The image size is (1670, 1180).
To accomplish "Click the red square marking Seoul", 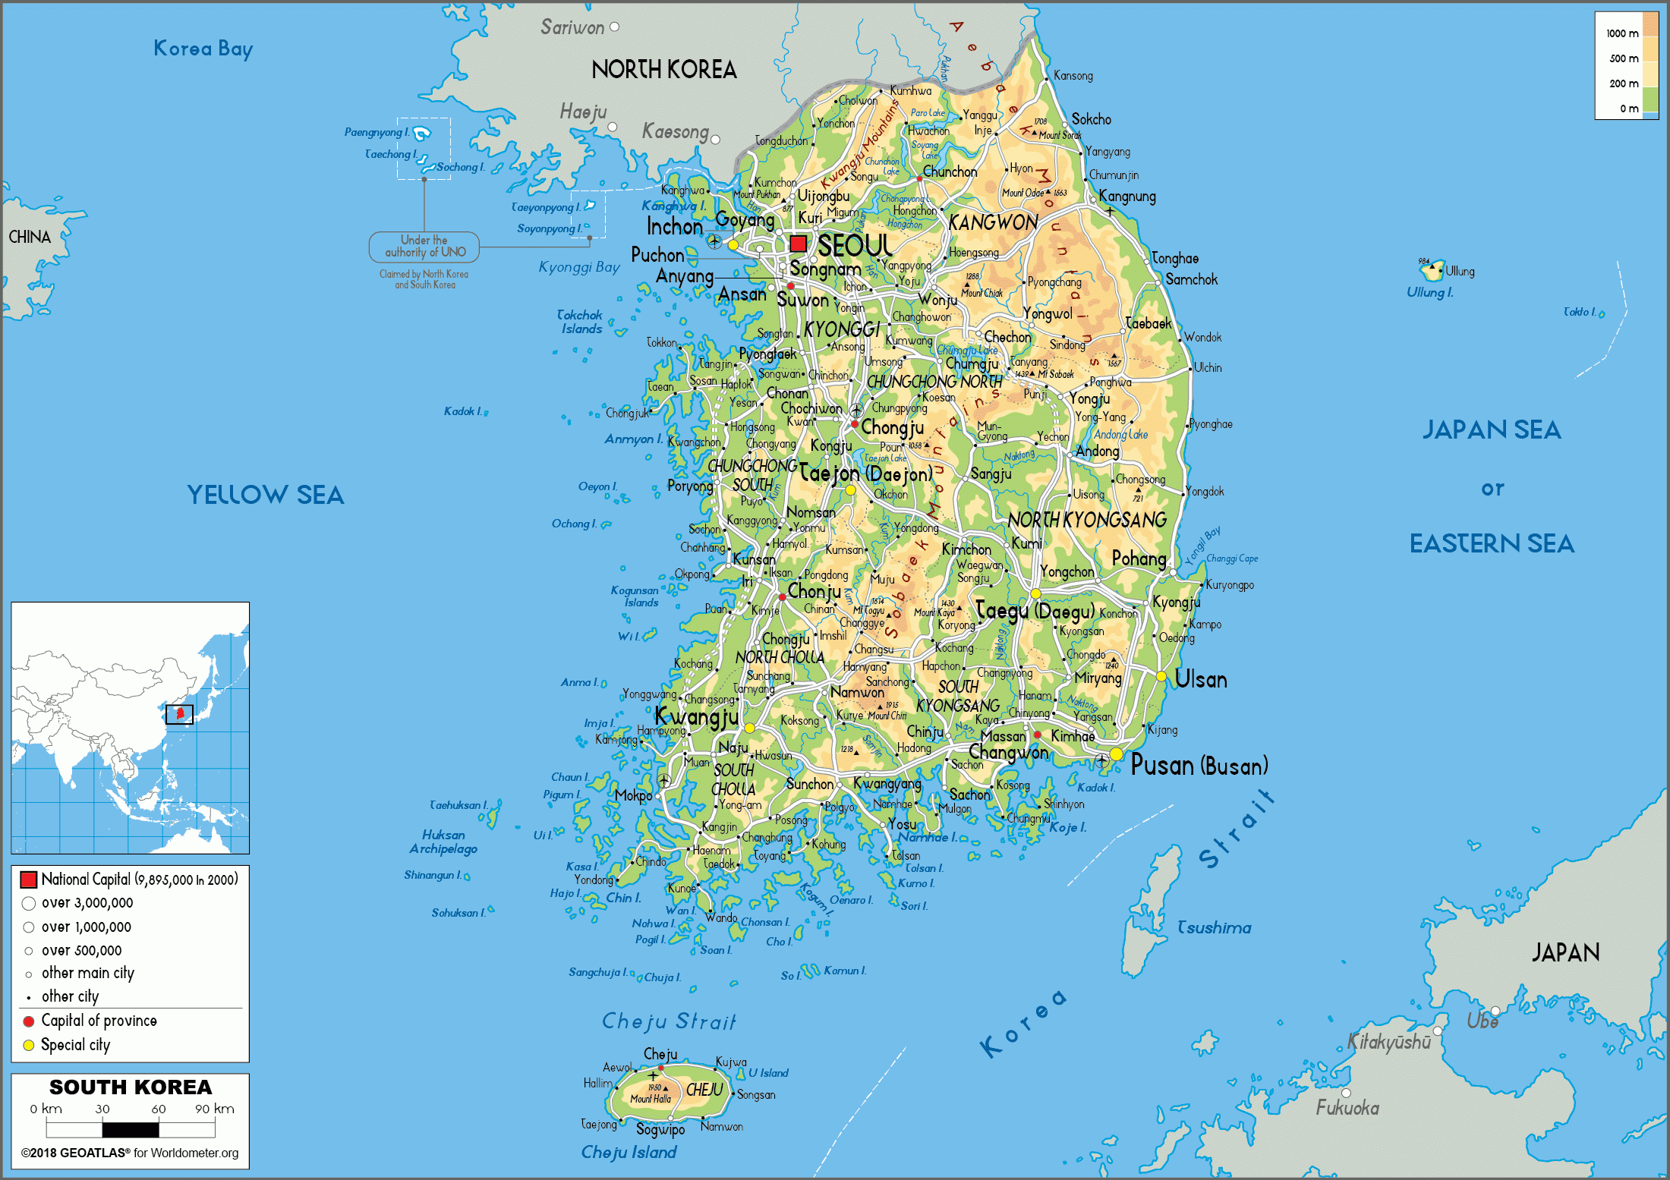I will (798, 244).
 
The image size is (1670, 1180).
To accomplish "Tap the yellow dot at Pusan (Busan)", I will (1116, 754).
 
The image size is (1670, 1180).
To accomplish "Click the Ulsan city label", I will (1200, 679).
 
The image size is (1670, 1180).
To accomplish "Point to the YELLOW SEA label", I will (266, 495).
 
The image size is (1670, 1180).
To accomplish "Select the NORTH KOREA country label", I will (663, 70).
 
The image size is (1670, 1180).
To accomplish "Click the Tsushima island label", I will (1214, 927).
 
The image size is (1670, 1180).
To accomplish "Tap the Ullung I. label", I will (1429, 292).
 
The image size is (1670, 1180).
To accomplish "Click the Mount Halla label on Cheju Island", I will (651, 1099).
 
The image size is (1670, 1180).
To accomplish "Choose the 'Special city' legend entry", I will (75, 1045).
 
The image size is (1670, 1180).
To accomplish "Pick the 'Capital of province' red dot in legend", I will (29, 1021).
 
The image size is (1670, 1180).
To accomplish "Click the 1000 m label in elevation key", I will (1622, 33).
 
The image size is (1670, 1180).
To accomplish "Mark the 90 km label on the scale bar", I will (215, 1109).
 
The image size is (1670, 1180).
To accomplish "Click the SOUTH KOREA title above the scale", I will (131, 1087).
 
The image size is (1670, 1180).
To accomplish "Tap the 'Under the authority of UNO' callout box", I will (424, 246).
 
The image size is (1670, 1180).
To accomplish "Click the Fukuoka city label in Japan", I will (1347, 1108).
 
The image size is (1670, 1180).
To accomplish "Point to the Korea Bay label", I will (203, 49).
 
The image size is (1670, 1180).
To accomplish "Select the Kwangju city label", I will (696, 716).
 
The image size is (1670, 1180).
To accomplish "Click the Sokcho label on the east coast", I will (1091, 119).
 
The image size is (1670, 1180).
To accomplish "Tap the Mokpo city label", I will (633, 795).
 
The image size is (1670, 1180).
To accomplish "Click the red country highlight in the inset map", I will (180, 713).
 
